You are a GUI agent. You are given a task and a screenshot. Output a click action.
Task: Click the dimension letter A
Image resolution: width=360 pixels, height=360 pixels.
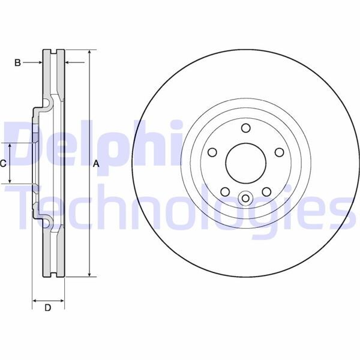tap(95, 163)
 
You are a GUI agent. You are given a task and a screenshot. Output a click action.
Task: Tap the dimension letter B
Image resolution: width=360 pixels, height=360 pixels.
tap(17, 62)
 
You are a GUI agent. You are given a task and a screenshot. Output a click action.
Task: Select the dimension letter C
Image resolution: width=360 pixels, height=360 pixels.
tap(4, 163)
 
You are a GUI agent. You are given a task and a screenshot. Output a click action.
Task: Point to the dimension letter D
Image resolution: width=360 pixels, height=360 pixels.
tap(48, 308)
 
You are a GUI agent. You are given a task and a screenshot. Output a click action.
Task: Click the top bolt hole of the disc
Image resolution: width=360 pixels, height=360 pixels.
tap(245, 127)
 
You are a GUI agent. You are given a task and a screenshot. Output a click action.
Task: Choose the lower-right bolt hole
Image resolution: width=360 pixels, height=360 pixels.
tap(265, 191)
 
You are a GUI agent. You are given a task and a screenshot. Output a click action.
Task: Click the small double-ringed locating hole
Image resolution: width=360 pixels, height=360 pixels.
tap(245, 198)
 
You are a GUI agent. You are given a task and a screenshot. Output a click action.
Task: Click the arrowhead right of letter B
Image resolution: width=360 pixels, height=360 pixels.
tap(67, 62)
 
